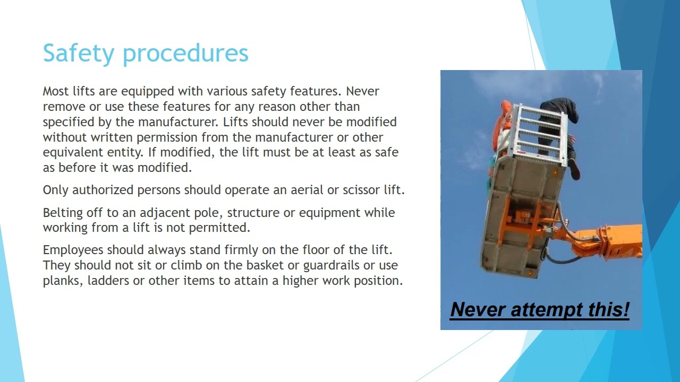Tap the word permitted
223,228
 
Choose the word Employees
73,250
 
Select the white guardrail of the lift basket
539,130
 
